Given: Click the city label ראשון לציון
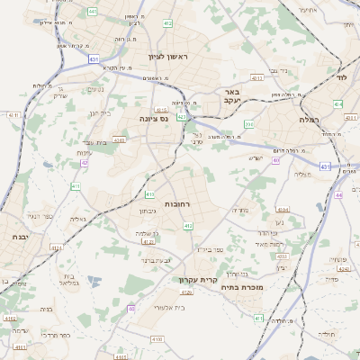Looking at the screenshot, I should click(x=169, y=57).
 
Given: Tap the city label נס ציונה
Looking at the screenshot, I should click(x=156, y=118).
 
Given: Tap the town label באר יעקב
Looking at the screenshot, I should click(x=232, y=96).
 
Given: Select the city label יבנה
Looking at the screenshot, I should click(x=20, y=236).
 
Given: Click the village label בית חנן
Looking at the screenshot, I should click(x=100, y=113).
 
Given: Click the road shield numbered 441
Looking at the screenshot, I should click(x=93, y=12).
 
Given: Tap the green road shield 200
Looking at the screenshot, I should click(x=248, y=124).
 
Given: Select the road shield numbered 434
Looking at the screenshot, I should click(x=337, y=104).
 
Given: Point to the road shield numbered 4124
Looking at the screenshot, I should click(x=56, y=247).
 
